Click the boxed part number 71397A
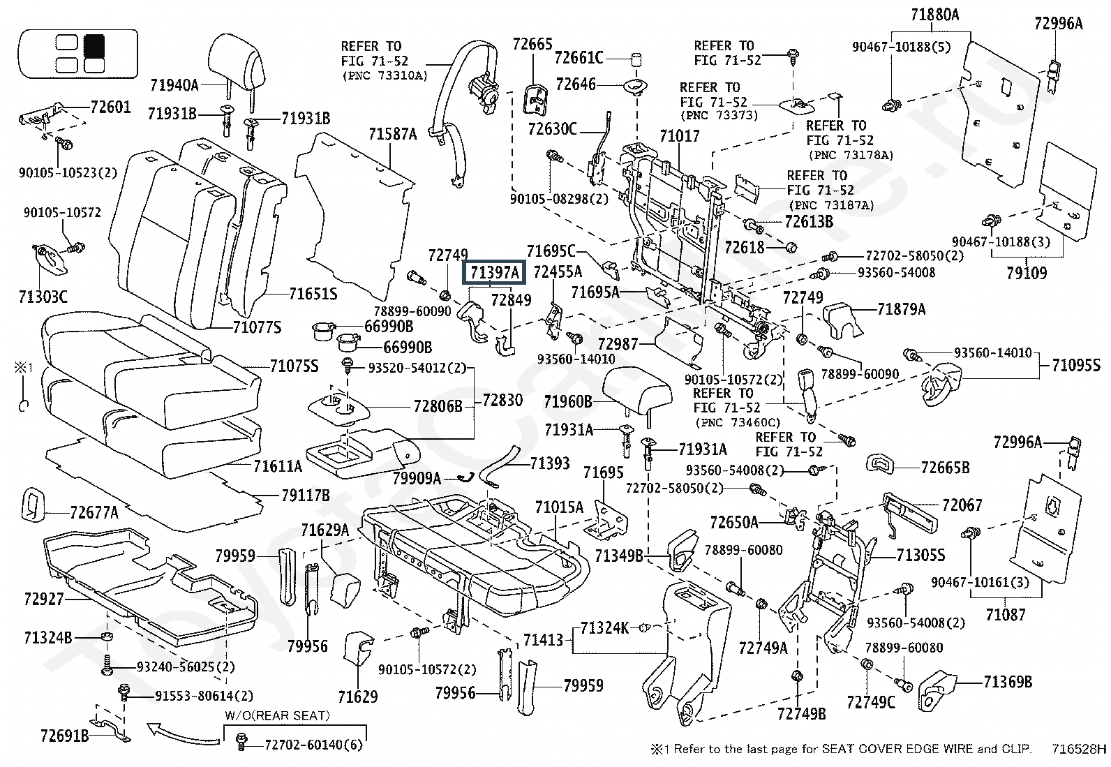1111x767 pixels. tap(495, 273)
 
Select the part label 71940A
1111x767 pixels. tap(174, 85)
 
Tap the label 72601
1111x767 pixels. tap(110, 108)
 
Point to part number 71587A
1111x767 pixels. tap(393, 134)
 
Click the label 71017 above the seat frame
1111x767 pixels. tap(679, 135)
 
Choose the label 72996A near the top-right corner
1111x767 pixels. tap(1058, 24)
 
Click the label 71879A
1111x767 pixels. tap(901, 309)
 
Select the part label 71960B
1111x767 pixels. tap(567, 401)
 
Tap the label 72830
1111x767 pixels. tap(502, 401)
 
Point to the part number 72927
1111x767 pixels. tap(43, 599)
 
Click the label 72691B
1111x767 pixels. tap(64, 735)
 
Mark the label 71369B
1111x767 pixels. tap(1008, 682)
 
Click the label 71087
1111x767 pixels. tap(1006, 615)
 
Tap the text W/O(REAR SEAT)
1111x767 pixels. tap(277, 716)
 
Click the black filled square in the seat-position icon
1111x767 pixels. tap(94, 45)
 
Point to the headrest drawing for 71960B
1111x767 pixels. tap(637, 387)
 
